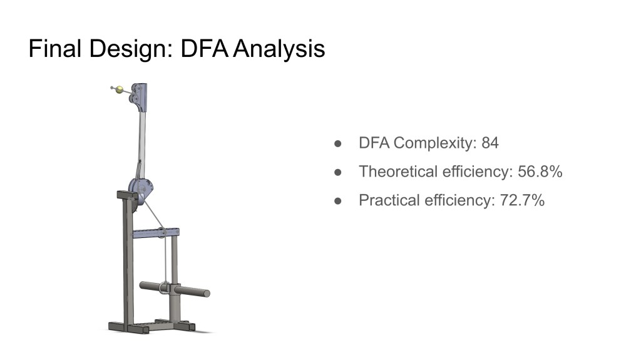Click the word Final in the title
(55, 48)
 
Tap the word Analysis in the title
(279, 49)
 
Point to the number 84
(490, 143)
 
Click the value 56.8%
(540, 172)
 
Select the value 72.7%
(523, 200)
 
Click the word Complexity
(435, 143)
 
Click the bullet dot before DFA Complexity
(337, 143)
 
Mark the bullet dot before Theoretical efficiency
(337, 172)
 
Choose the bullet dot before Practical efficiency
(337, 201)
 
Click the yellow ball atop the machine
(119, 90)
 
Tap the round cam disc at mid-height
(141, 189)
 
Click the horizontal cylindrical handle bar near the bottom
(175, 289)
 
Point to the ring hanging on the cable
(165, 287)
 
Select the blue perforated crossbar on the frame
(156, 233)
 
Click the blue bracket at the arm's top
(139, 98)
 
